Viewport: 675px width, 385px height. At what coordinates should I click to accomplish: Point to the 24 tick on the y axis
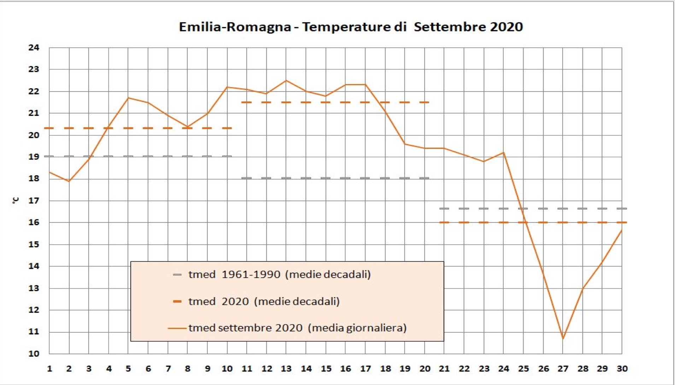(34, 48)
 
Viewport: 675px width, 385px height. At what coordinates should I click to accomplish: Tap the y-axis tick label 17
(34, 201)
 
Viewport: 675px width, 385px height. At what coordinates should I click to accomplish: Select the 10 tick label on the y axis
(34, 354)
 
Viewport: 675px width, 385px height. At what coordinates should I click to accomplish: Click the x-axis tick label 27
(563, 369)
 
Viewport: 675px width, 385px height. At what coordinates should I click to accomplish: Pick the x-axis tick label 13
(286, 369)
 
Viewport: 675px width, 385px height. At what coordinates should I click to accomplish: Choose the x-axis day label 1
(49, 369)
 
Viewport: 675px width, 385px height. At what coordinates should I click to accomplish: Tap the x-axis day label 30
(622, 369)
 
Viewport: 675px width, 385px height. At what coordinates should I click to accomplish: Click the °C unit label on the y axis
(16, 201)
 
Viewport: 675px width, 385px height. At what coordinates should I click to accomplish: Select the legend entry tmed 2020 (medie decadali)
(264, 302)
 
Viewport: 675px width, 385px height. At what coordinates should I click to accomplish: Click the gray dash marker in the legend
(177, 275)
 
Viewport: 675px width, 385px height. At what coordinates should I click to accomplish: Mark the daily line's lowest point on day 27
(563, 338)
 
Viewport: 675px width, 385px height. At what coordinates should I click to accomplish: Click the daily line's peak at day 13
(286, 81)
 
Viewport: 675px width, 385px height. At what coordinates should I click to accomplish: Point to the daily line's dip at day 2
(69, 181)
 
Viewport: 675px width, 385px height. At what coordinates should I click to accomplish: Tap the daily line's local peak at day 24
(504, 153)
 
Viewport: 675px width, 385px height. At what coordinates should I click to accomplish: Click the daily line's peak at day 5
(128, 98)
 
